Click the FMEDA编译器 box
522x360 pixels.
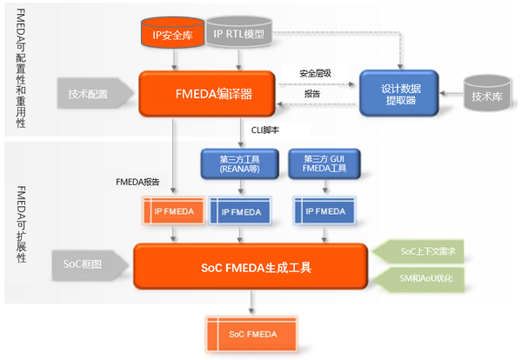tap(207, 94)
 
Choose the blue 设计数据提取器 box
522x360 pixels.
tap(401, 94)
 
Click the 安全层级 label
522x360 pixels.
tap(316, 74)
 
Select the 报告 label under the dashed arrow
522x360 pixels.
tap(311, 93)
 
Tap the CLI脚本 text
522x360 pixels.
tap(264, 130)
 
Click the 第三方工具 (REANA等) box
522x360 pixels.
tap(239, 163)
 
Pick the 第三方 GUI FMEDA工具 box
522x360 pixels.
tap(324, 163)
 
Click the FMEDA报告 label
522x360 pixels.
tap(138, 182)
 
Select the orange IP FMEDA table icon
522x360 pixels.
tap(174, 210)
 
